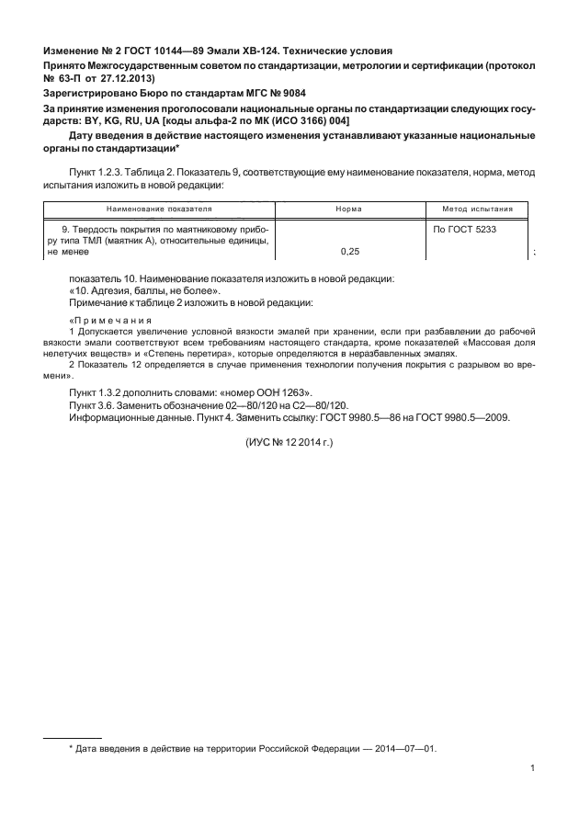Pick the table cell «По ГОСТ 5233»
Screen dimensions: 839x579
click(x=464, y=229)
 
